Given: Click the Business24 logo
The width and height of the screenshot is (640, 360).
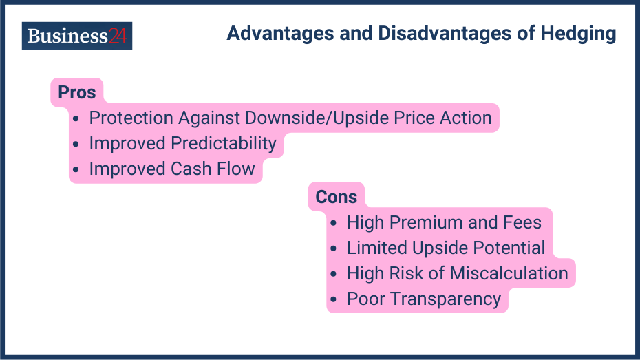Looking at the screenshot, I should point(77,36).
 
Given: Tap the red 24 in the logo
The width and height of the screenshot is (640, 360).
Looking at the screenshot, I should point(118,36).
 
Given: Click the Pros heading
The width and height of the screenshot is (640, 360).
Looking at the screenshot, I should point(76,92).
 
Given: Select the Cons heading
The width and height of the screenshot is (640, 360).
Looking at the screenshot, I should point(336,197).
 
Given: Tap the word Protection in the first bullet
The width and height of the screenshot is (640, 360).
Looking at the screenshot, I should point(132,118).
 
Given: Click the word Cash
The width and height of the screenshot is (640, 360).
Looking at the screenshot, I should point(195,169).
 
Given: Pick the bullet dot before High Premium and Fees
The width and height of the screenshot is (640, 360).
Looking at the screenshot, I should point(334,223).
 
